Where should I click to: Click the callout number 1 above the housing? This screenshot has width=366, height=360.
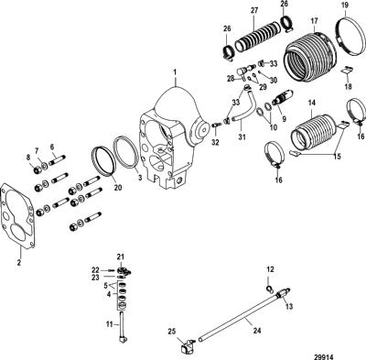pos(175,72)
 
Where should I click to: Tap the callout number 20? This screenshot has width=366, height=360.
pos(117,188)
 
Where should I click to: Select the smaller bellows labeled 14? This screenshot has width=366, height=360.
pos(313,132)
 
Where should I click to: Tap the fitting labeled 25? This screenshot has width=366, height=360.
pos(187,344)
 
